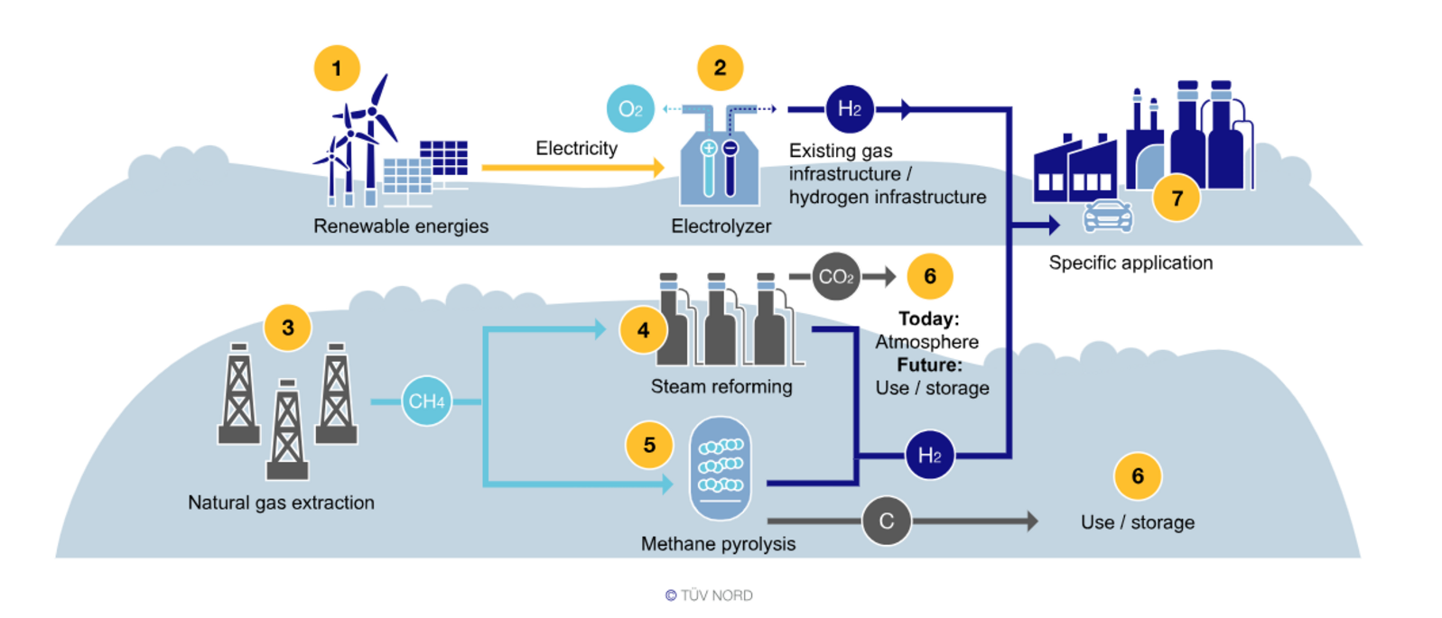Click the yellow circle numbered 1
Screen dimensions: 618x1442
tap(337, 69)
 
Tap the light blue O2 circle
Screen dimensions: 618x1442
tap(630, 109)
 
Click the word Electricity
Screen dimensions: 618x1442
tap(576, 148)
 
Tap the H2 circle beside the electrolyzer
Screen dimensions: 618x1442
tap(850, 109)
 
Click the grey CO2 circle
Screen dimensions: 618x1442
tap(836, 277)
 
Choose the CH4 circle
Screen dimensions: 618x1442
tap(426, 401)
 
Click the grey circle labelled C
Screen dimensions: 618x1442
tap(886, 521)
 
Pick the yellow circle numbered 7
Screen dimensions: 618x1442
tap(1177, 198)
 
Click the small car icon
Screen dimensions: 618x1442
tap(1107, 217)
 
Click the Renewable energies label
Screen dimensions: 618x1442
tap(401, 226)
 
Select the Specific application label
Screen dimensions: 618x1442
tap(1130, 263)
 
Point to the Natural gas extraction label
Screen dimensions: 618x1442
tap(281, 503)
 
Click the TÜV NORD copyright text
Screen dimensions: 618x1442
tap(709, 595)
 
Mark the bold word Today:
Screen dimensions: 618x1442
tap(928, 318)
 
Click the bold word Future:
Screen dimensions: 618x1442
tap(929, 364)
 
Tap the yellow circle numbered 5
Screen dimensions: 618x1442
tap(649, 446)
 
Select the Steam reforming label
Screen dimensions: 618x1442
tap(721, 386)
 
